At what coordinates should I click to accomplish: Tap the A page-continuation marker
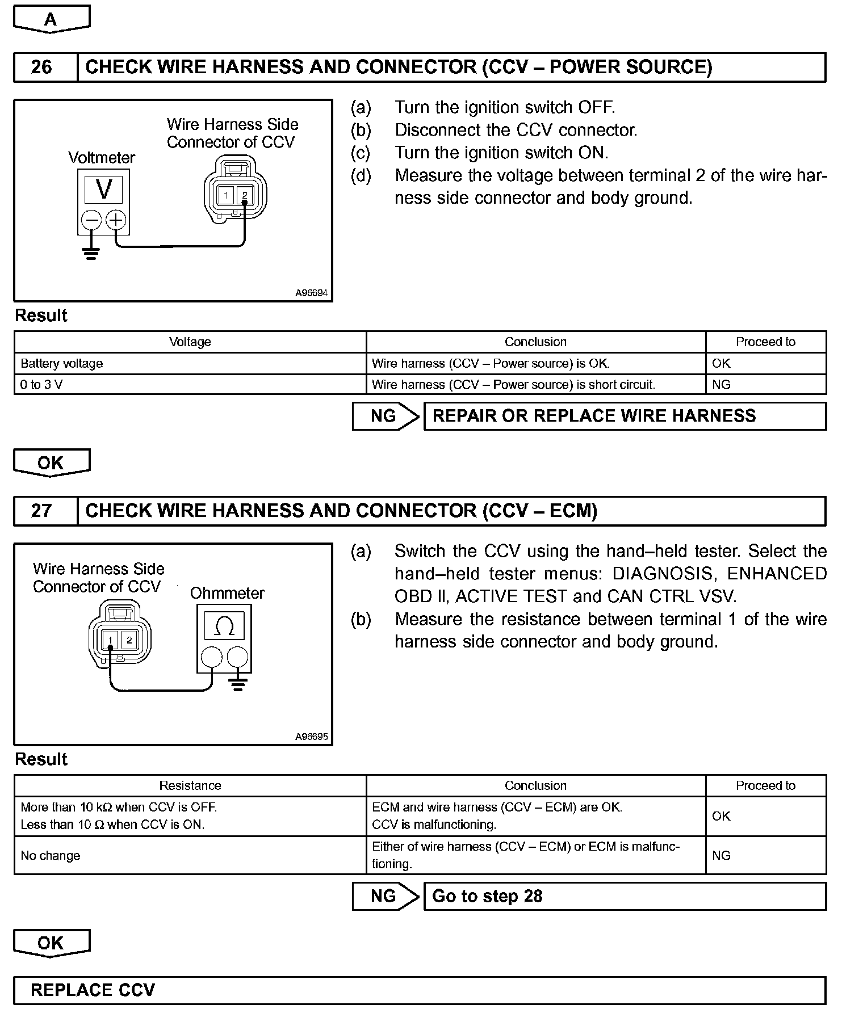click(51, 20)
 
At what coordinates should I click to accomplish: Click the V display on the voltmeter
click(104, 189)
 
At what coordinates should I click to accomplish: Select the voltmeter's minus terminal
click(91, 220)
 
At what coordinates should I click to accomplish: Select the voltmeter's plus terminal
click(116, 220)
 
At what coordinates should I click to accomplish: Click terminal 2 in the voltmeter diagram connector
click(245, 195)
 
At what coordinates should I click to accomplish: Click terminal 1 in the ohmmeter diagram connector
click(111, 641)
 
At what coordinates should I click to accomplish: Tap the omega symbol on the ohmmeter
click(224, 626)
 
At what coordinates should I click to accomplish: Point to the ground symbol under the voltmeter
click(91, 253)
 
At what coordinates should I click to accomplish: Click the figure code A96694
click(311, 293)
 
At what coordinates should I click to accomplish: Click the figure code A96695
click(311, 737)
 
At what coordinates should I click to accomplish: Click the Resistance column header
click(190, 785)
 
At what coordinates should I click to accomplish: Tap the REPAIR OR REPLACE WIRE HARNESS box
click(625, 416)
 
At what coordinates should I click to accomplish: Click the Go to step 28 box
click(625, 896)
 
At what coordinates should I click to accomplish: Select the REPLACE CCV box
click(420, 990)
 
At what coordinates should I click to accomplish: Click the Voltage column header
click(190, 342)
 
